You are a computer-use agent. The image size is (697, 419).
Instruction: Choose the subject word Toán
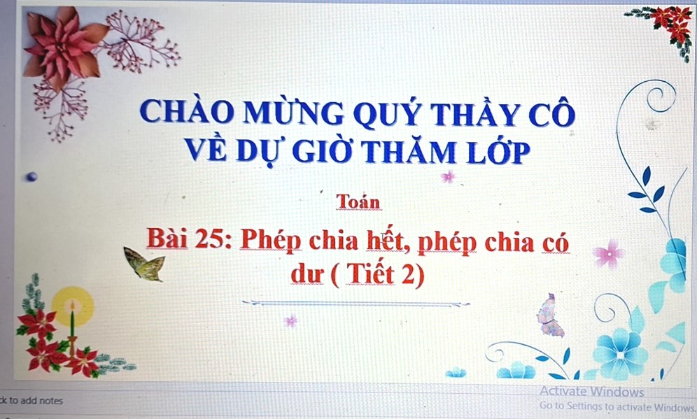point(358,201)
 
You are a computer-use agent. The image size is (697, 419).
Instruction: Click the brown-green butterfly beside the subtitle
point(144,264)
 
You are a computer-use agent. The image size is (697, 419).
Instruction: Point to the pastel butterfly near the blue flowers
point(550,315)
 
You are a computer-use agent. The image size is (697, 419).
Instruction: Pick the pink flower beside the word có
point(609,254)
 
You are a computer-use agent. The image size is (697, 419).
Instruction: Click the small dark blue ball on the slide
point(31,177)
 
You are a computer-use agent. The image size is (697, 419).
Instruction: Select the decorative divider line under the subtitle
point(355,304)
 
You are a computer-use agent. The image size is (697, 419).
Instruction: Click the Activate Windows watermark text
point(591,392)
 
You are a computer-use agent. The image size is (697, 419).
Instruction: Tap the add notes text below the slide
point(31,400)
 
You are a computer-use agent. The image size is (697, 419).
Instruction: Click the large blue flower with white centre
point(620,354)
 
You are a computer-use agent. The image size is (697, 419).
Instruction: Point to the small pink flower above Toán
point(448,177)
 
